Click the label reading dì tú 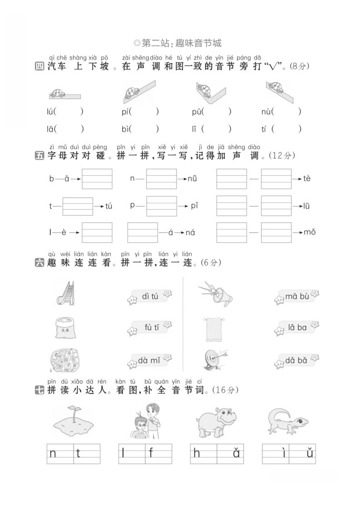[x=150, y=297]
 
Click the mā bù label [x=297, y=297]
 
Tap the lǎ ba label [x=297, y=328]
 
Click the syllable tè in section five [x=307, y=178]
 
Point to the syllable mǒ [x=310, y=232]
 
